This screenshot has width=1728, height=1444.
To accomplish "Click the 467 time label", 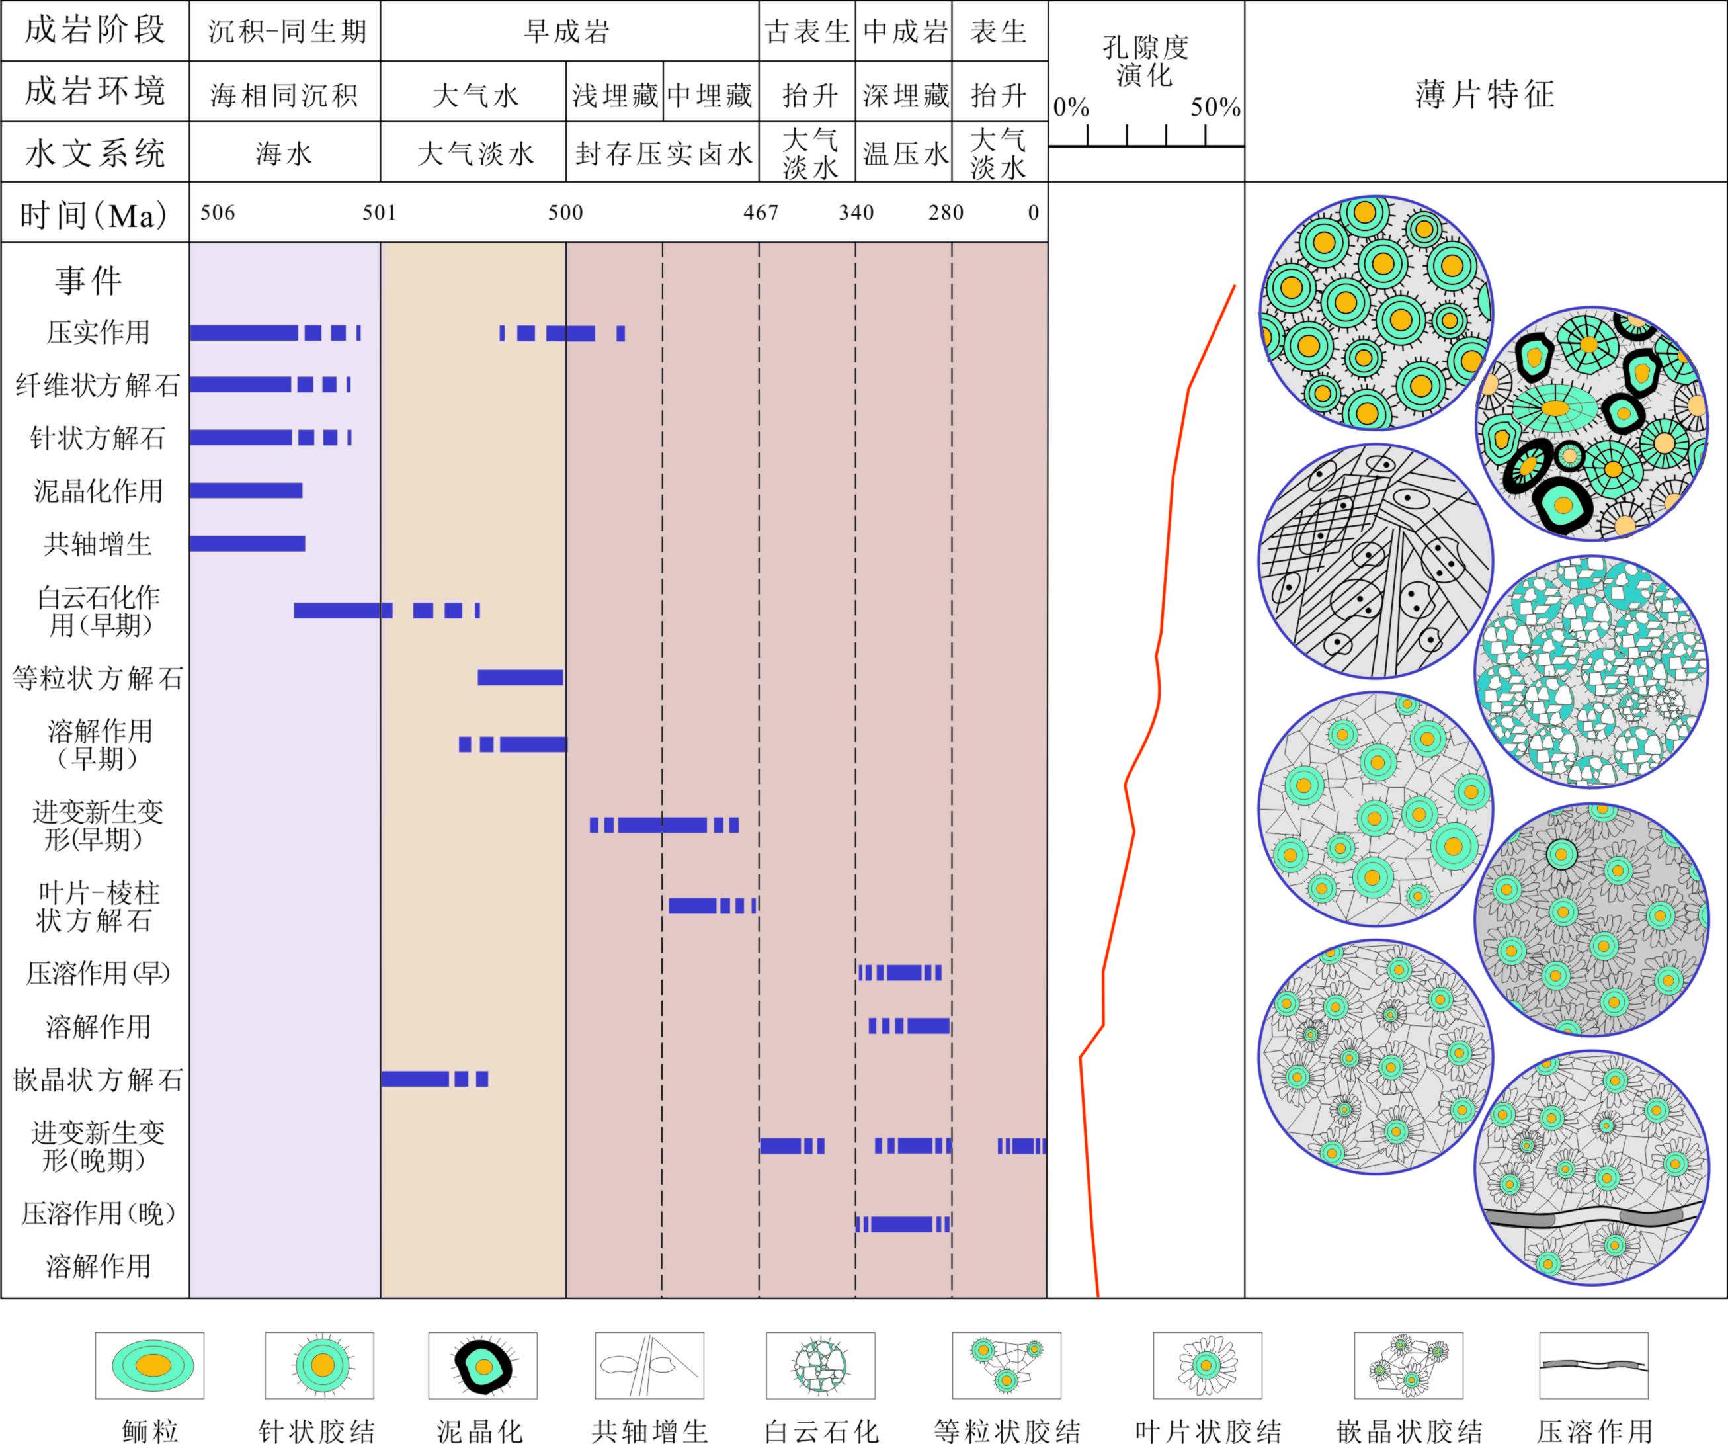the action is [761, 212].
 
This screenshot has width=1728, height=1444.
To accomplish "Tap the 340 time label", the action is [856, 212].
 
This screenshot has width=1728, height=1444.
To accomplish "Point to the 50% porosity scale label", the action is [1215, 107].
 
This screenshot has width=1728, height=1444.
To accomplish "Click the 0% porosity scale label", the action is [1071, 107].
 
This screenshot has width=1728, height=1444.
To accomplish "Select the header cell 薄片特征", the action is [1485, 94].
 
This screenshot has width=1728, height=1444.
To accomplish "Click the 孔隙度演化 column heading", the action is [1145, 61].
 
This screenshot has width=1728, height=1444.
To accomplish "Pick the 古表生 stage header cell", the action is [807, 31].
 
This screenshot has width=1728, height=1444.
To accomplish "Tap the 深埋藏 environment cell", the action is [904, 95].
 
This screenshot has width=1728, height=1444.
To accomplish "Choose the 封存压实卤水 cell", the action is [663, 153].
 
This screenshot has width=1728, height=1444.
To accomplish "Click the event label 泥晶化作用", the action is [98, 491].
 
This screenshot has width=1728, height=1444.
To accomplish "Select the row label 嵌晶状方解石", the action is [97, 1080].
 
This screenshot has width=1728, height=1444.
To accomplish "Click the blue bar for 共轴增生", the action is [247, 543].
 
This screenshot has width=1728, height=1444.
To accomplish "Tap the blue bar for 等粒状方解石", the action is [520, 677].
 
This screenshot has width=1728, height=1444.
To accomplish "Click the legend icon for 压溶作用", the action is [1594, 1365].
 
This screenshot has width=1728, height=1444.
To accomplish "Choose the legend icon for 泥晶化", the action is [483, 1365].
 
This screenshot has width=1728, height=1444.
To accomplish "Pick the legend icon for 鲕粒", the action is [149, 1365].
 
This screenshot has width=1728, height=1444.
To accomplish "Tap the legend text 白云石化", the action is [821, 1431].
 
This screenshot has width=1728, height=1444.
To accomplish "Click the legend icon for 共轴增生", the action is [649, 1365].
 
